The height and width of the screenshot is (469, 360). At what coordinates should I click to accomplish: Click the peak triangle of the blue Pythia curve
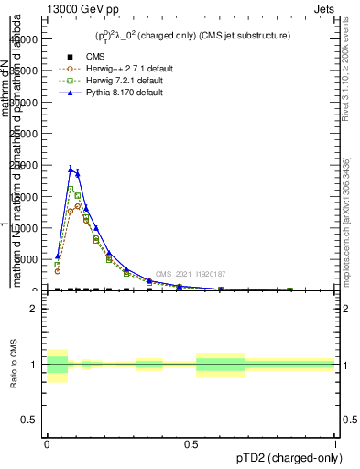pos(71,169)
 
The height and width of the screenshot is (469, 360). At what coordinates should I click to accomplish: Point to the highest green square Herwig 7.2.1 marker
pos(71,189)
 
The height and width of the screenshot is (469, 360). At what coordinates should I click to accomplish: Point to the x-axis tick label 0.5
pos(191,444)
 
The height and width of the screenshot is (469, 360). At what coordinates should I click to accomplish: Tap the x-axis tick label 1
pos(335,444)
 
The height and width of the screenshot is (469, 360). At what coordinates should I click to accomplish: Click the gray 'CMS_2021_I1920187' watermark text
pos(190,274)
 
